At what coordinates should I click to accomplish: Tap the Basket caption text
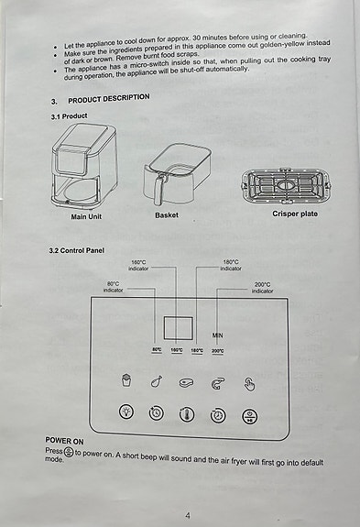coord(167,215)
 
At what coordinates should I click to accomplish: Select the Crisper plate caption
coord(295,214)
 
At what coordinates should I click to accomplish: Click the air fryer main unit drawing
coord(85,166)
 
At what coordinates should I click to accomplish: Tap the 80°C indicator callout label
coord(113,288)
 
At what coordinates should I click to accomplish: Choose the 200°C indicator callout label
coord(262,288)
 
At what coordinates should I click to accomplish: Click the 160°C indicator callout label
coord(139,266)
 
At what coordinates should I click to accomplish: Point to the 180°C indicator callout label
coord(231,266)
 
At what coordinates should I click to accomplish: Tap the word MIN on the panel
coord(218,335)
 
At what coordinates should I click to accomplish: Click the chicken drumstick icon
coord(157,382)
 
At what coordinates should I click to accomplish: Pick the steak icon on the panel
coord(188,383)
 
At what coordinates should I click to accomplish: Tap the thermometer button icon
coord(187,414)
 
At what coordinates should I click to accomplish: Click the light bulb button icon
coord(126,413)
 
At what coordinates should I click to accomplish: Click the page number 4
coord(187,515)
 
